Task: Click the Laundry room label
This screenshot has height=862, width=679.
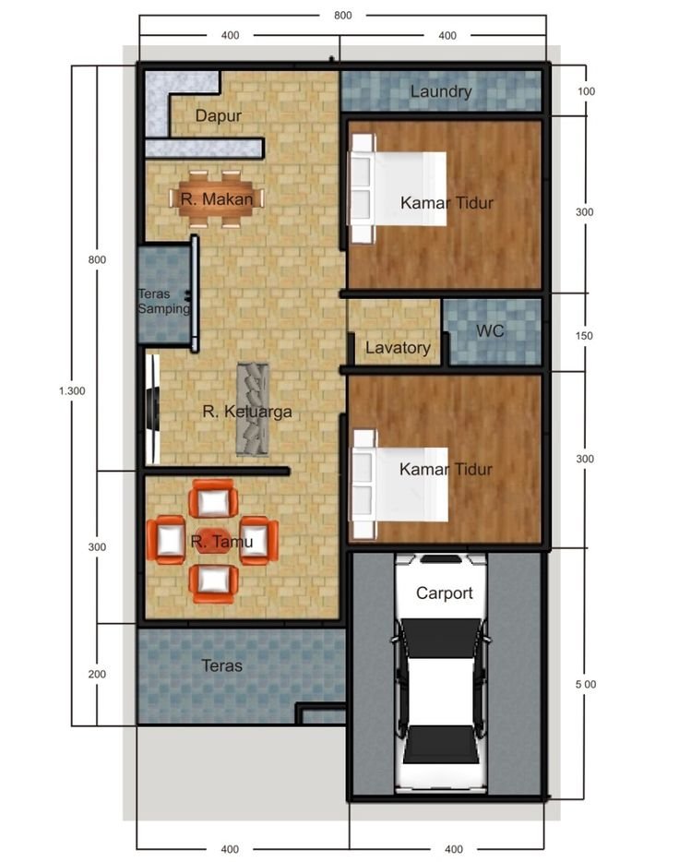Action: pyautogui.click(x=441, y=91)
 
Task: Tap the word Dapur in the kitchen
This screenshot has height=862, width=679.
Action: pyautogui.click(x=218, y=116)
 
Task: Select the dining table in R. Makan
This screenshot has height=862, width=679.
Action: pyautogui.click(x=217, y=198)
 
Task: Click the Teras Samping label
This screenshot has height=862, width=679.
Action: pyautogui.click(x=163, y=301)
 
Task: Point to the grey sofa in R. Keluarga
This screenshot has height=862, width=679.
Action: pyautogui.click(x=253, y=409)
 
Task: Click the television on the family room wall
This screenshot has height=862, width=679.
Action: pyautogui.click(x=153, y=409)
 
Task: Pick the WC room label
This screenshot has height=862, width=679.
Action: pyautogui.click(x=490, y=330)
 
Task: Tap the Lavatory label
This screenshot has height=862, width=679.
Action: pyautogui.click(x=398, y=347)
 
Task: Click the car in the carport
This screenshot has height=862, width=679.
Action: pyautogui.click(x=441, y=674)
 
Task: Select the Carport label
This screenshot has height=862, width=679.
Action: pyautogui.click(x=444, y=593)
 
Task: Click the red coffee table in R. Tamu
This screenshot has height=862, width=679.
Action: pyautogui.click(x=213, y=541)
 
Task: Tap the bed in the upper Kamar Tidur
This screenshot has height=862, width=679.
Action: pyautogui.click(x=397, y=188)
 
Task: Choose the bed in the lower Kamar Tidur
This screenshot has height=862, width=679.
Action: pyautogui.click(x=399, y=485)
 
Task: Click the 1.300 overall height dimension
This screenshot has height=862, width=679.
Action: pyautogui.click(x=72, y=391)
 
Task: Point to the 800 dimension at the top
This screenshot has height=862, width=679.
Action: pyautogui.click(x=343, y=16)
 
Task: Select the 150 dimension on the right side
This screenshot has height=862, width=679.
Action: pyautogui.click(x=584, y=335)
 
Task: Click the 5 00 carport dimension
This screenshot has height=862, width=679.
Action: pyautogui.click(x=586, y=684)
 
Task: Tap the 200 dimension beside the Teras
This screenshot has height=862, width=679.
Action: pyautogui.click(x=97, y=674)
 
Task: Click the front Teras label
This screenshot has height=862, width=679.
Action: pyautogui.click(x=222, y=665)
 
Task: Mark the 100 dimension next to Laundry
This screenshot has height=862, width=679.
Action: pyautogui.click(x=586, y=91)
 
